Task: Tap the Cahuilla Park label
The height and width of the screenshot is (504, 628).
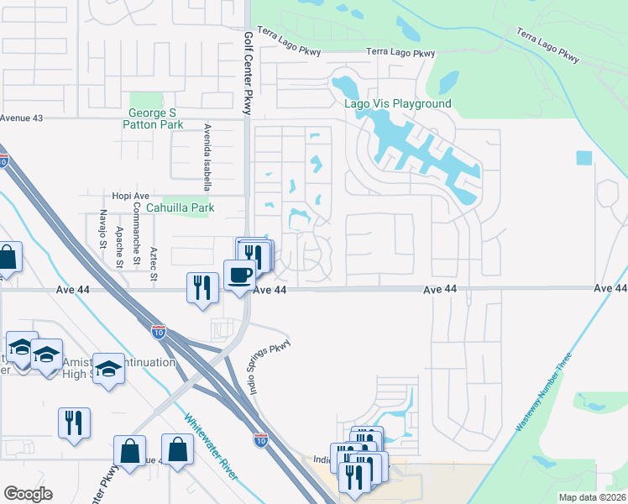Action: [180, 207]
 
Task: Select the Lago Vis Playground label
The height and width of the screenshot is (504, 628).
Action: [398, 103]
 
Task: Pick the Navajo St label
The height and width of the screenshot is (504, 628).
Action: [102, 229]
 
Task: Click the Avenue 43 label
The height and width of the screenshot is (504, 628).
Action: [21, 118]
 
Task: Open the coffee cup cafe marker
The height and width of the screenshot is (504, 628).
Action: [239, 275]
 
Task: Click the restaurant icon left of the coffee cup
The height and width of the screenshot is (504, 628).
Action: [202, 288]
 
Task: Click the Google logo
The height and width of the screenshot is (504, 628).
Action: [28, 494]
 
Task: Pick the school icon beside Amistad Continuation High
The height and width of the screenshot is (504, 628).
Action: [108, 369]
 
